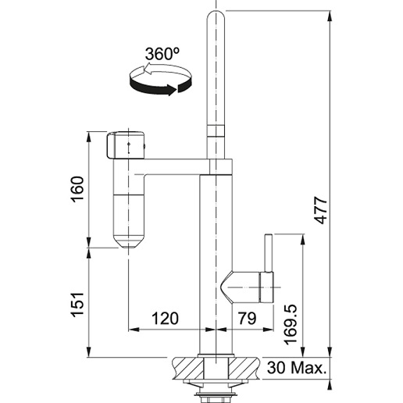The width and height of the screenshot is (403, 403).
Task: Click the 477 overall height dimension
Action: click(x=320, y=210)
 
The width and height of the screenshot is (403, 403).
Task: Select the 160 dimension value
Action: click(x=77, y=189)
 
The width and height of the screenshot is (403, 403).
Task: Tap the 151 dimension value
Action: click(x=77, y=305)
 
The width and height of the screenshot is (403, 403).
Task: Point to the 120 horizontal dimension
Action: click(x=165, y=318)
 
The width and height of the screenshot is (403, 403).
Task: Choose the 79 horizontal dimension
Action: click(x=248, y=318)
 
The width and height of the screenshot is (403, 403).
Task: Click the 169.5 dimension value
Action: click(x=291, y=324)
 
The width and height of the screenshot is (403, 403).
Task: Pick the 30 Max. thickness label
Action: click(x=297, y=368)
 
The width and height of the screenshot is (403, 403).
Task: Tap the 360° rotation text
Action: click(x=162, y=54)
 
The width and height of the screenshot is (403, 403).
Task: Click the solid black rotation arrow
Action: click(x=160, y=87)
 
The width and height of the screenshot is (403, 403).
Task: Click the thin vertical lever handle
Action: click(x=269, y=253)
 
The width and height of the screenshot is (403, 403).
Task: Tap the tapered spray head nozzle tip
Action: click(x=128, y=241)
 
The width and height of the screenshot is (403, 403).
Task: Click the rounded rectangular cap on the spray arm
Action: click(x=125, y=145)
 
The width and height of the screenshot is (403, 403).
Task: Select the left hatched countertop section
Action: click(x=187, y=368)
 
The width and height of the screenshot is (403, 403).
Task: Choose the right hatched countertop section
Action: click(x=244, y=368)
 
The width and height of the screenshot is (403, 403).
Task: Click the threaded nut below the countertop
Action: click(x=216, y=396)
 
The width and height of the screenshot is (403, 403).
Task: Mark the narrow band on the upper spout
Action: click(x=216, y=130)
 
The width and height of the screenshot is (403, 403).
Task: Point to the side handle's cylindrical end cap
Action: click(x=266, y=287)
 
